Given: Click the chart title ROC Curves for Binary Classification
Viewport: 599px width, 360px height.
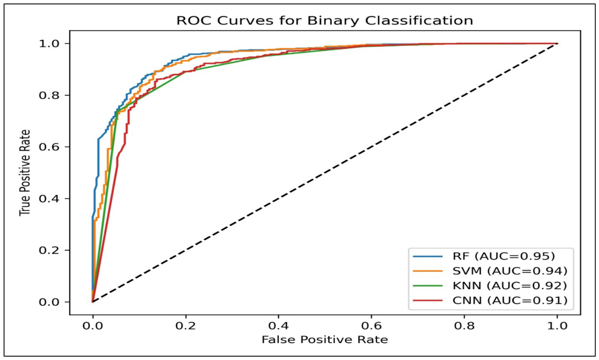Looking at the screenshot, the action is click(x=325, y=21).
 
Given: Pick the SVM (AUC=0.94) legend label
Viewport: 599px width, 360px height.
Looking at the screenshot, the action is click(x=510, y=271).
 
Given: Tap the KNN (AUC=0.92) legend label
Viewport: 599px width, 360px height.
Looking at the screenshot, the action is click(x=510, y=286).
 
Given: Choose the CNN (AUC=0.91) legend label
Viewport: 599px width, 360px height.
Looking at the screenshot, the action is click(x=510, y=300).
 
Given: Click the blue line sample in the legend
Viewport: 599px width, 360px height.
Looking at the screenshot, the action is click(x=428, y=256).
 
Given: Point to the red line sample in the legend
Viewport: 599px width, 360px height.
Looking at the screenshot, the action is click(x=428, y=301).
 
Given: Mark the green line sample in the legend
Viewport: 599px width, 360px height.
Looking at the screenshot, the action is click(x=428, y=286).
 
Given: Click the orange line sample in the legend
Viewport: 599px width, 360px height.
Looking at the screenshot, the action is click(x=428, y=271).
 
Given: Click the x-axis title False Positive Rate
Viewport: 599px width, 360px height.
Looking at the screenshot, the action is click(x=325, y=340).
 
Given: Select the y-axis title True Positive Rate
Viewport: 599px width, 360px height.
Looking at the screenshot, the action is click(x=25, y=173).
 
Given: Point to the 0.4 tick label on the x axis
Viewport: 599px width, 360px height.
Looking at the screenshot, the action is click(x=278, y=326).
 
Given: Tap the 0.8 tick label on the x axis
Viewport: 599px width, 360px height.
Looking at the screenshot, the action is click(x=464, y=326).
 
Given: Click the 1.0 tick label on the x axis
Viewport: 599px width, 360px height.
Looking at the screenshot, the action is click(x=557, y=326).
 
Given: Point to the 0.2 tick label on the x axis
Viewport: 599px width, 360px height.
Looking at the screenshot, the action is click(x=186, y=326).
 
